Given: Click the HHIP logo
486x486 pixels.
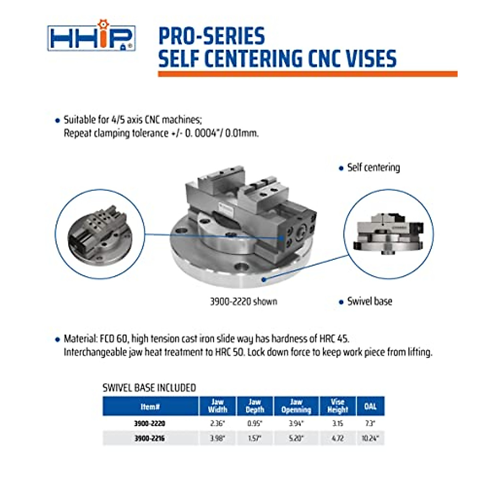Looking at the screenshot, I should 91,37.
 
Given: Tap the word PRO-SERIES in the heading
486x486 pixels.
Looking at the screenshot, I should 211,36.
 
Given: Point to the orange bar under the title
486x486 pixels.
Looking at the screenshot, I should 307,74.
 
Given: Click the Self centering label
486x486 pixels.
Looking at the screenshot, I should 373,168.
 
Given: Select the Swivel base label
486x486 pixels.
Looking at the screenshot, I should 369,301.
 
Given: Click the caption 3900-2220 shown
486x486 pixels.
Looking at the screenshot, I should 243,302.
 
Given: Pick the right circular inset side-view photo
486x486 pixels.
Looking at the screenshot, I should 388,234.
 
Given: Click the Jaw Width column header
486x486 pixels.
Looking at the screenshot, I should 217,406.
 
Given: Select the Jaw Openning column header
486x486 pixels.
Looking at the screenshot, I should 296,406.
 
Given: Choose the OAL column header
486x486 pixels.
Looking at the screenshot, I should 370,406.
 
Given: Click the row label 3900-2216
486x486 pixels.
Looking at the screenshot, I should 149,438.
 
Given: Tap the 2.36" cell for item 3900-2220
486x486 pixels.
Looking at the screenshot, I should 217,423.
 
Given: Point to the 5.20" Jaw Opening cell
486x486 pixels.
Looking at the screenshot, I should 296,438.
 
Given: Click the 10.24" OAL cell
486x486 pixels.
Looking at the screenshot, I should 370,438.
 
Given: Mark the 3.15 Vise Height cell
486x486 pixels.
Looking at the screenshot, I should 337,423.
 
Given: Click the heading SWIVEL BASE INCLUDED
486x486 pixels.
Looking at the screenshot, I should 149,388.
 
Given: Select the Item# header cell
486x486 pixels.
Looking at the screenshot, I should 150,406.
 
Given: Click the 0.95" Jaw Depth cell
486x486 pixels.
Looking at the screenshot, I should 254,423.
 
